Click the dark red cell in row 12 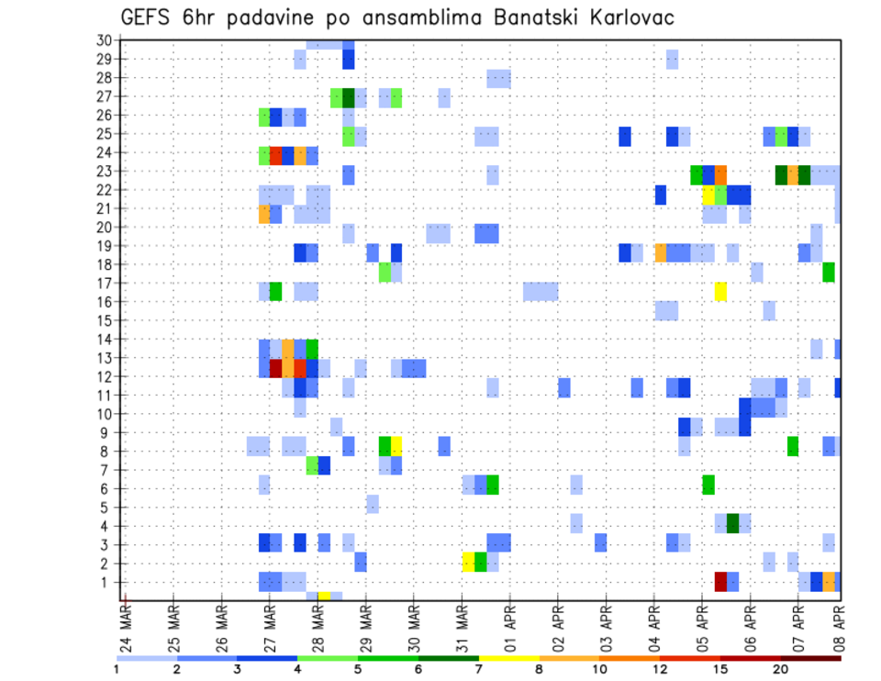click(275, 368)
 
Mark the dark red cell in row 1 click(720, 582)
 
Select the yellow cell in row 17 click(720, 292)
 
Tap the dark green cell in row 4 click(732, 523)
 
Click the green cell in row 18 click(829, 273)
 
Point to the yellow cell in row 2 click(468, 563)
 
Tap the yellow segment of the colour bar click(508, 657)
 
